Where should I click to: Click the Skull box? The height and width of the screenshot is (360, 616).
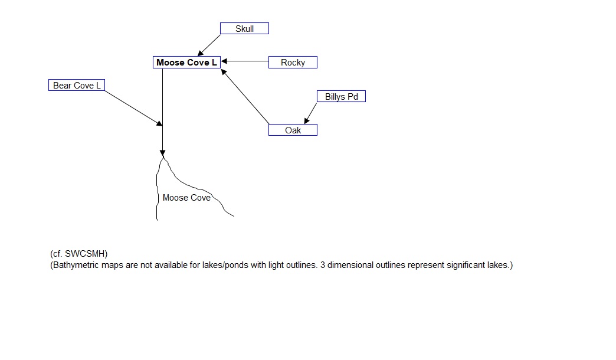tap(244, 28)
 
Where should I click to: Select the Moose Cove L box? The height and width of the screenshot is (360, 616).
tap(186, 63)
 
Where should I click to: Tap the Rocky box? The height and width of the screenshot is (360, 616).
tap(293, 63)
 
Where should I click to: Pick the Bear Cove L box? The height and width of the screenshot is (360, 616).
tap(77, 86)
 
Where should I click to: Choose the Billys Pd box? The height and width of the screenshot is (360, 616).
tap(341, 96)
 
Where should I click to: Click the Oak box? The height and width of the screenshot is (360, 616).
tap(293, 130)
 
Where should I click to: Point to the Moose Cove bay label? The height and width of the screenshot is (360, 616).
tap(186, 198)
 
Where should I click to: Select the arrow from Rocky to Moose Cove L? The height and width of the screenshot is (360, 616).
tap(245, 61)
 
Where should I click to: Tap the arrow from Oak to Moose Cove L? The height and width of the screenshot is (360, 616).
tap(245, 97)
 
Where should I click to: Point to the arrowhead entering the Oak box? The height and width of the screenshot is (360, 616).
tap(306, 121)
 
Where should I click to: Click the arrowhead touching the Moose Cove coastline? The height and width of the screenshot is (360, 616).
tap(162, 153)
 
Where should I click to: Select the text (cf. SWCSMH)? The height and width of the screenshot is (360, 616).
tap(79, 254)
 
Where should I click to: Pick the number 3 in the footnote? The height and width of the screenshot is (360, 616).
tap(323, 265)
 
